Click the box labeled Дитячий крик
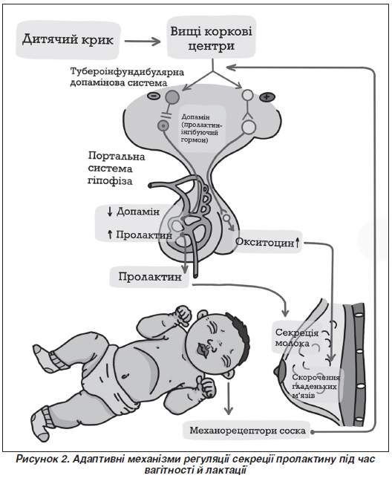tap(68, 40)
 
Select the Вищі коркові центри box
tap(212, 38)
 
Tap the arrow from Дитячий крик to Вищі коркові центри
tap(143, 41)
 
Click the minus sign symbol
tap(154, 96)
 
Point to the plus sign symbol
tap(267, 97)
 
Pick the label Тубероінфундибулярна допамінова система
tap(127, 78)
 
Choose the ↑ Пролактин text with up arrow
tap(140, 235)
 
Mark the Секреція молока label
tap(293, 337)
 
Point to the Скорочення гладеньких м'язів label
tap(316, 386)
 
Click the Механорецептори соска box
tap(247, 431)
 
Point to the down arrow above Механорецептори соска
tap(228, 398)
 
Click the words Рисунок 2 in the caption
tap(42, 459)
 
